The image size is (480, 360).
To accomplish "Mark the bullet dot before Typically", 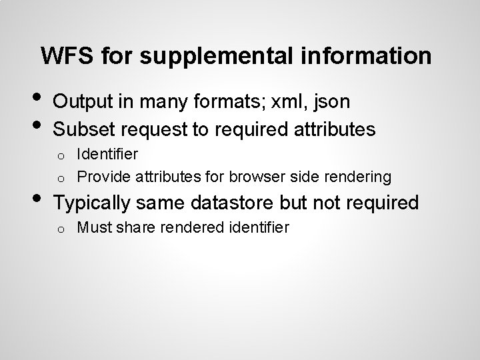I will [x=39, y=200].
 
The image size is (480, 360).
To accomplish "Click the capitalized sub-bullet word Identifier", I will [x=107, y=154].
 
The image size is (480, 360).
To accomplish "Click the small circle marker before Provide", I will [x=59, y=178].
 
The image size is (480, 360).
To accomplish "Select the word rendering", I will [x=359, y=177].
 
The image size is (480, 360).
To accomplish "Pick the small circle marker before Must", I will [x=59, y=229].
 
